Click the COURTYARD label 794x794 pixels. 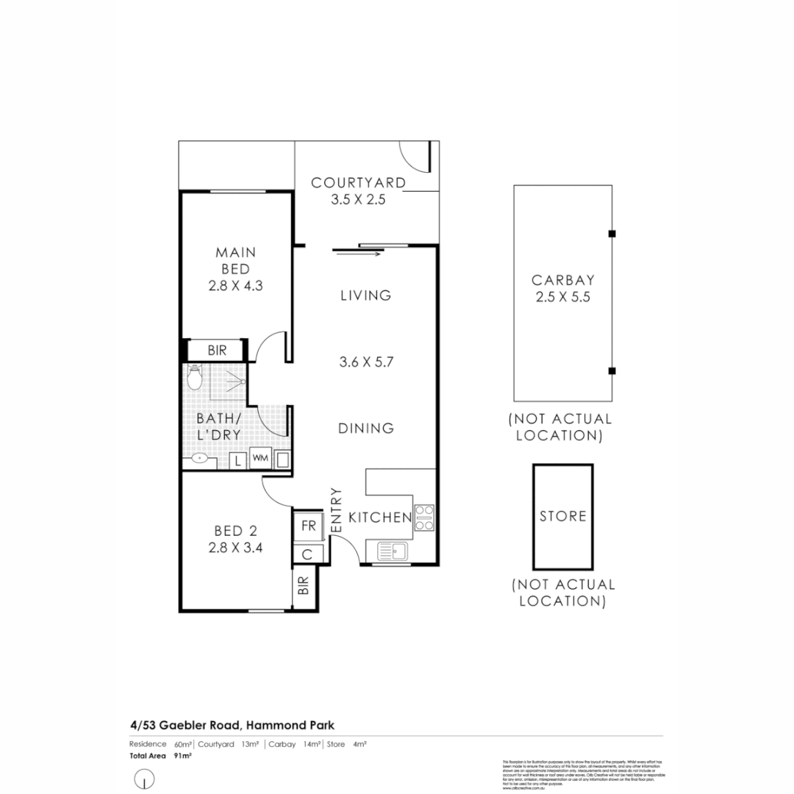pos(358,182)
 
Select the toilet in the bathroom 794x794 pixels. pos(194,378)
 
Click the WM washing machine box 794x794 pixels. pos(260,459)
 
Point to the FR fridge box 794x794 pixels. pos(309,526)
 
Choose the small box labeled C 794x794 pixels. pos(308,554)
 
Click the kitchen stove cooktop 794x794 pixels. pos(424,518)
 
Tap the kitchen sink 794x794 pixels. pos(394,551)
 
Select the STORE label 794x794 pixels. pos(563,516)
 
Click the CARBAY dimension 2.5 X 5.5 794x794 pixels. pos(562,298)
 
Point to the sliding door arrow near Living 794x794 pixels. pos(357,254)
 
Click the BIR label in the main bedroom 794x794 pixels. pos(217,351)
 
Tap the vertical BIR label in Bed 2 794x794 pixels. pos(303,586)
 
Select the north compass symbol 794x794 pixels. pos(146,778)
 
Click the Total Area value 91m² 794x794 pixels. pos(183,755)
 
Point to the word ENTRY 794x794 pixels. pos(337,510)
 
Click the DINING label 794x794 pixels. pos(366,428)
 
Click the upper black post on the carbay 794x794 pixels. pos(612,234)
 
